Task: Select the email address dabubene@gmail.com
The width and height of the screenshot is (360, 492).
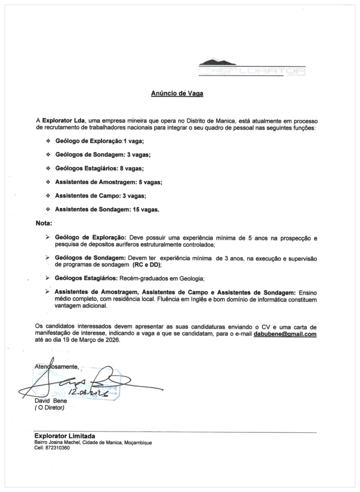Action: point(285,334)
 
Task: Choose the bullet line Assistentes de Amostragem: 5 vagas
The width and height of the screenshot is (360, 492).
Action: point(109,183)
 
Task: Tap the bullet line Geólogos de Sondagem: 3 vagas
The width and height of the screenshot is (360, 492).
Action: point(103,155)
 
